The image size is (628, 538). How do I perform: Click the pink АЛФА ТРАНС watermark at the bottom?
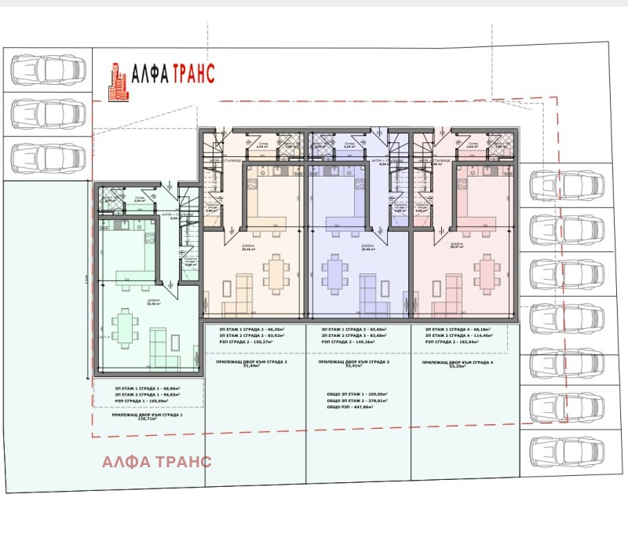156,460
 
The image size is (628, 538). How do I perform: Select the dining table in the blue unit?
335,274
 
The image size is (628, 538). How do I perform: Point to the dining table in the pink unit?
487,274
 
